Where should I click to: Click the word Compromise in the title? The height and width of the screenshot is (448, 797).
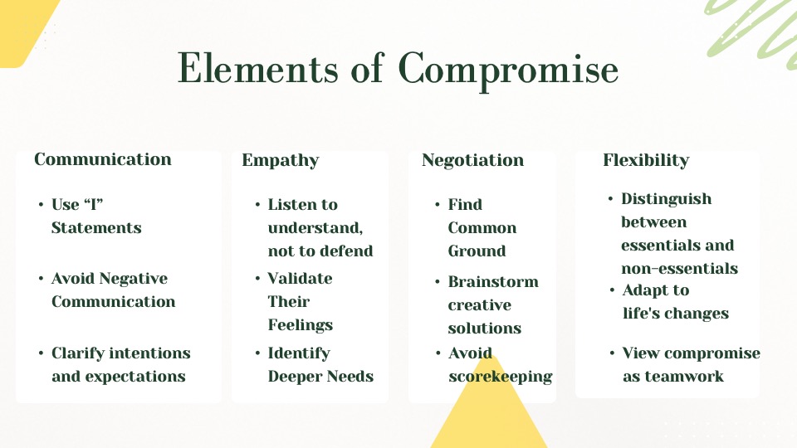[508, 70]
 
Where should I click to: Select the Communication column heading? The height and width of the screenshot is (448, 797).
[103, 159]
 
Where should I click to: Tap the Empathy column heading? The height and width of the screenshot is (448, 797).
[281, 160]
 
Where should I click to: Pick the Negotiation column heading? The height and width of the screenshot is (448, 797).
[472, 160]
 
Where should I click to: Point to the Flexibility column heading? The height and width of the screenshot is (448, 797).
[646, 160]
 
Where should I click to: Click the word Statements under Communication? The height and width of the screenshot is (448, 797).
[96, 227]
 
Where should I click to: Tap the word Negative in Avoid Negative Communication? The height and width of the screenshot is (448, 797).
[134, 279]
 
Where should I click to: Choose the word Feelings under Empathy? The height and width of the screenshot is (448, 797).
[301, 325]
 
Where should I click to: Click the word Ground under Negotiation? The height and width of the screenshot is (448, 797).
[477, 251]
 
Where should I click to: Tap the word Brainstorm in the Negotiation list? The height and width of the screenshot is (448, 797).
[493, 282]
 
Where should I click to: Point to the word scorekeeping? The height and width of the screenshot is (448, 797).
[500, 377]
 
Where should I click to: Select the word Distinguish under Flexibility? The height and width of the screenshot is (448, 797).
[667, 199]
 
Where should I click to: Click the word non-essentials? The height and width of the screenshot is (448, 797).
[680, 268]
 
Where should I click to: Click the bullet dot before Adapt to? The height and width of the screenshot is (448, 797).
[612, 290]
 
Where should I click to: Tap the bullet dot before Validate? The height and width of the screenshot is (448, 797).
[257, 279]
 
